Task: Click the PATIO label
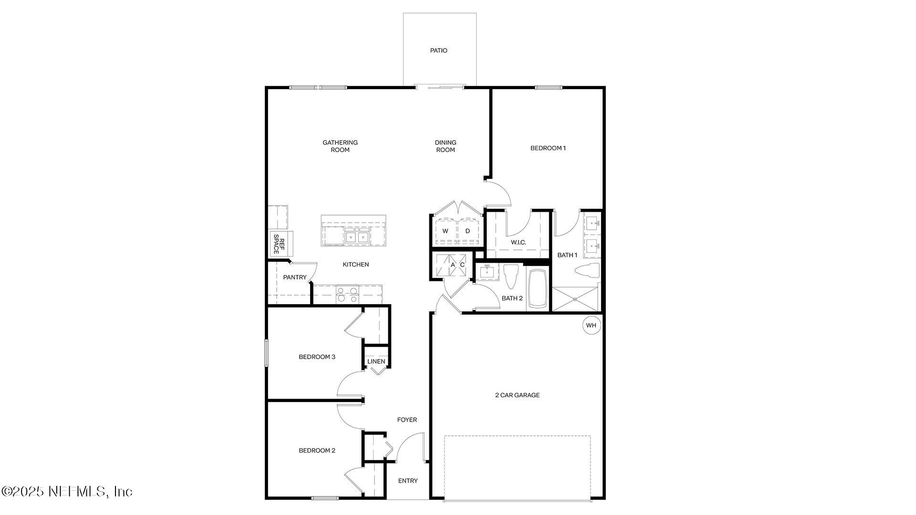(438, 51)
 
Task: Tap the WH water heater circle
(591, 325)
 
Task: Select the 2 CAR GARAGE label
(517, 395)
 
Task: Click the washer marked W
(445, 231)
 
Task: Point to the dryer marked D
(468, 231)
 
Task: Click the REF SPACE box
(279, 244)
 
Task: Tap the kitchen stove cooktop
(347, 294)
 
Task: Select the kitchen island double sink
(356, 237)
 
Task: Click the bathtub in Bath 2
(538, 289)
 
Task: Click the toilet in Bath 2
(510, 276)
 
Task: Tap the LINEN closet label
(376, 361)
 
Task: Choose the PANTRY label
(294, 278)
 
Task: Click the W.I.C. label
(518, 242)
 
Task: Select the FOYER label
(407, 420)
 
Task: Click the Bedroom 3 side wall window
(267, 353)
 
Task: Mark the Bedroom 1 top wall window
(548, 88)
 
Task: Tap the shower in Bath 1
(575, 299)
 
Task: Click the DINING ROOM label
(445, 146)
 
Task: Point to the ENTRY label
(407, 481)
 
